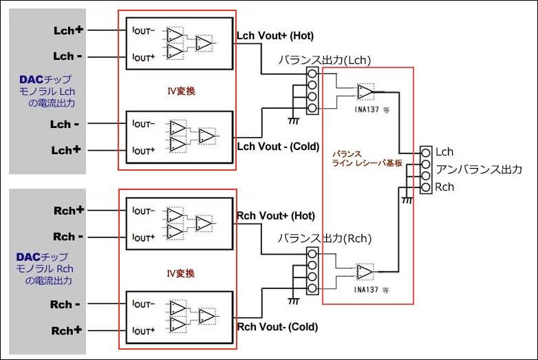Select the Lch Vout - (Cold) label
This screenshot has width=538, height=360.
pos(272,147)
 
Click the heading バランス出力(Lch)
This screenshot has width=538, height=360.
pos(324,60)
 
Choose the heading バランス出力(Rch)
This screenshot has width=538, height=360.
pos(324,239)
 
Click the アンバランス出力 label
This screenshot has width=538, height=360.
pos(479,169)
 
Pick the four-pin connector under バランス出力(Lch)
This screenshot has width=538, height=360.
pos(312,91)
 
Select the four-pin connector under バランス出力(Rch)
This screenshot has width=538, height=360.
pos(312,271)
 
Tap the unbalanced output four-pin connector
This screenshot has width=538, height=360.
pos(427,169)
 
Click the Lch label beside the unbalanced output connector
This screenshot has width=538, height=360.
pos(445,152)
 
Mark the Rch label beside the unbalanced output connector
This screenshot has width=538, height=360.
pos(445,187)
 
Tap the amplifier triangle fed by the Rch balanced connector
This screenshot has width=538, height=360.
pos(365,271)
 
